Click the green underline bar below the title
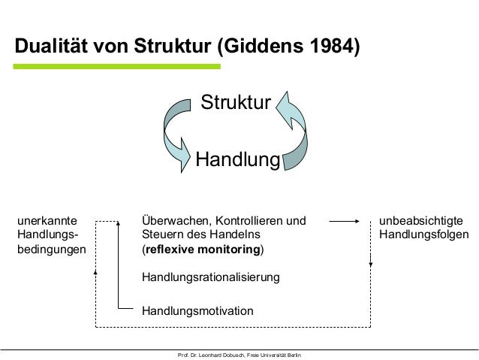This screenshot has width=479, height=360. pos(117,67)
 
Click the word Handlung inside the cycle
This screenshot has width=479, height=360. pos(237,159)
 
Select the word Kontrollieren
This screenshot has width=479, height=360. pos(249,221)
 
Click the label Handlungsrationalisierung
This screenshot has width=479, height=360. pos(210,277)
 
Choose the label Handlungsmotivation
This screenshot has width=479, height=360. pos(197,310)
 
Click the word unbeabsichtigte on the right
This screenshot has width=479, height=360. pos(420,221)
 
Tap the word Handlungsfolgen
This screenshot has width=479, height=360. pos(424,234)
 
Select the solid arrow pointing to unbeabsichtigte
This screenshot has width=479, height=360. pos(348,222)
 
